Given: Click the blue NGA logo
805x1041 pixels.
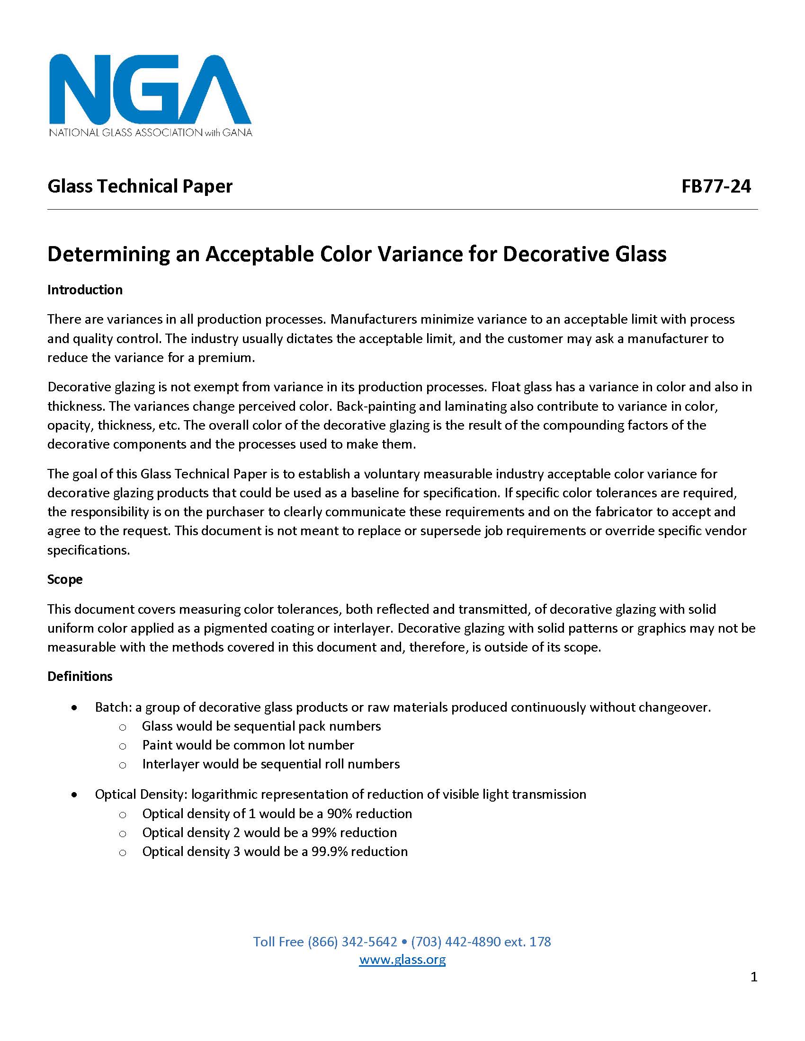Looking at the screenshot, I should coord(150,89).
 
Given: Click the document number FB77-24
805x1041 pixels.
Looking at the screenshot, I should coord(716,186).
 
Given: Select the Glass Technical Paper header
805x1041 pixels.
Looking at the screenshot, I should coord(140,186).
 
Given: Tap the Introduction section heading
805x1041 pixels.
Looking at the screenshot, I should coord(85,290).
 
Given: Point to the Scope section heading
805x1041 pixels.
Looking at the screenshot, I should coord(65,579).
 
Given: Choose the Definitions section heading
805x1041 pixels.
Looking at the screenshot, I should coord(80,676).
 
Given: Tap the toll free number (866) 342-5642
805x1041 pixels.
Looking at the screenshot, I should coord(352,941).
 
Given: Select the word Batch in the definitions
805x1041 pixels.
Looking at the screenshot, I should coord(113,707).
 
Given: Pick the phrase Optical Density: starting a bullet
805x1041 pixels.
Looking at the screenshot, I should coord(140,794).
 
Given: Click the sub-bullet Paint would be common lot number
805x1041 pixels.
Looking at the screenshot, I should coord(248,745).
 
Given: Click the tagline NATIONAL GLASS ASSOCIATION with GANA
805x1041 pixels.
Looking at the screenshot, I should coord(150,132).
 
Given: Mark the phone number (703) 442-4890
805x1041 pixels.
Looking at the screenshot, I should coord(456,941).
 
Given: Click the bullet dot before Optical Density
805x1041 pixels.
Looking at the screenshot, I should coord(74,795).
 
